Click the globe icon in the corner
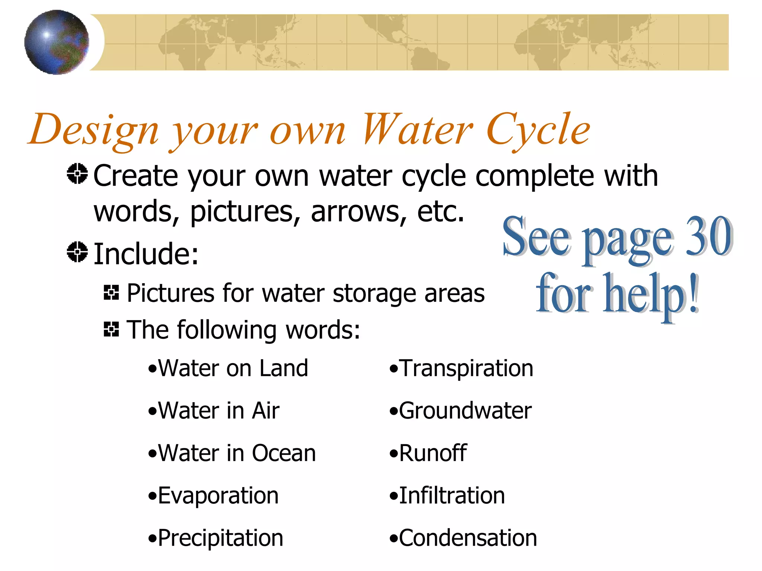click(x=57, y=42)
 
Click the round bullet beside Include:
click(x=77, y=252)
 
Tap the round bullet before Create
click(x=77, y=174)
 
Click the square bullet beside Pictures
click(x=111, y=293)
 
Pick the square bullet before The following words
click(x=111, y=329)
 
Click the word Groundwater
click(x=465, y=411)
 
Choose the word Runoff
click(x=433, y=453)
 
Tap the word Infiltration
click(x=452, y=496)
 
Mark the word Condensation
click(x=468, y=538)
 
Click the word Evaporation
click(x=218, y=496)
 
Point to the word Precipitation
click(x=220, y=538)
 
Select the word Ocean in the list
click(x=284, y=453)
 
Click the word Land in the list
click(x=284, y=368)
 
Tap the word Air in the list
click(x=265, y=411)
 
